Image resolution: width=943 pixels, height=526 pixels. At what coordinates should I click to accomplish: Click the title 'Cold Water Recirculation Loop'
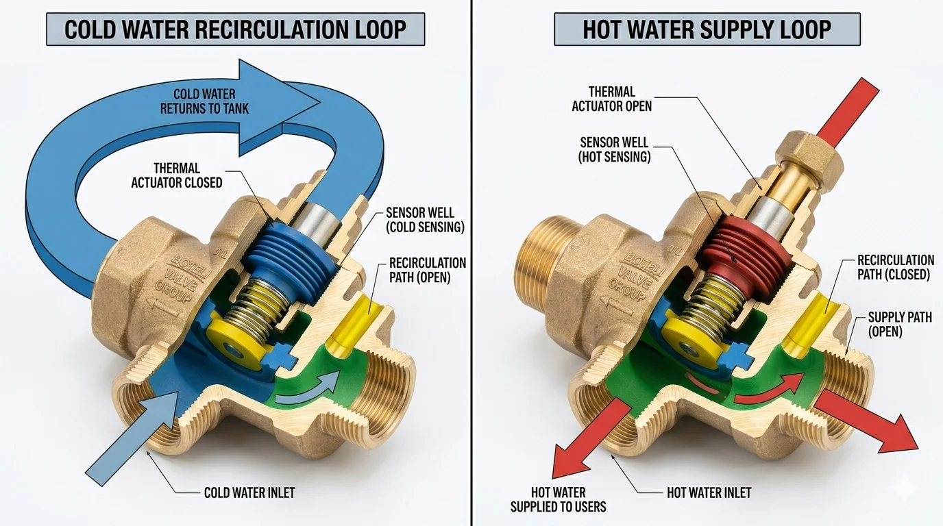coord(235,29)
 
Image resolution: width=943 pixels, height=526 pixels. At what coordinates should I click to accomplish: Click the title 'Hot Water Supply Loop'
coord(707,29)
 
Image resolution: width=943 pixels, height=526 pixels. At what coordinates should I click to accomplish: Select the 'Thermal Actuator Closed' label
coord(188,175)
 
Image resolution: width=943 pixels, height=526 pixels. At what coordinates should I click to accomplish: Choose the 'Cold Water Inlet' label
coord(249,492)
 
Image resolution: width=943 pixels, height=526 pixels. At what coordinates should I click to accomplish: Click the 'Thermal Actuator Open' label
coord(611,99)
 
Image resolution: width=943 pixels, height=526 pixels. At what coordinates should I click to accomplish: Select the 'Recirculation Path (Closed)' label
coord(895,267)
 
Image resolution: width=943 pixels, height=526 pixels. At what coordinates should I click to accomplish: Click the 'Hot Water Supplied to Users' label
coord(559,499)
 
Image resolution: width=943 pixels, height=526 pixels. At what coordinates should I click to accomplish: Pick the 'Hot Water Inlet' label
coord(709,492)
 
